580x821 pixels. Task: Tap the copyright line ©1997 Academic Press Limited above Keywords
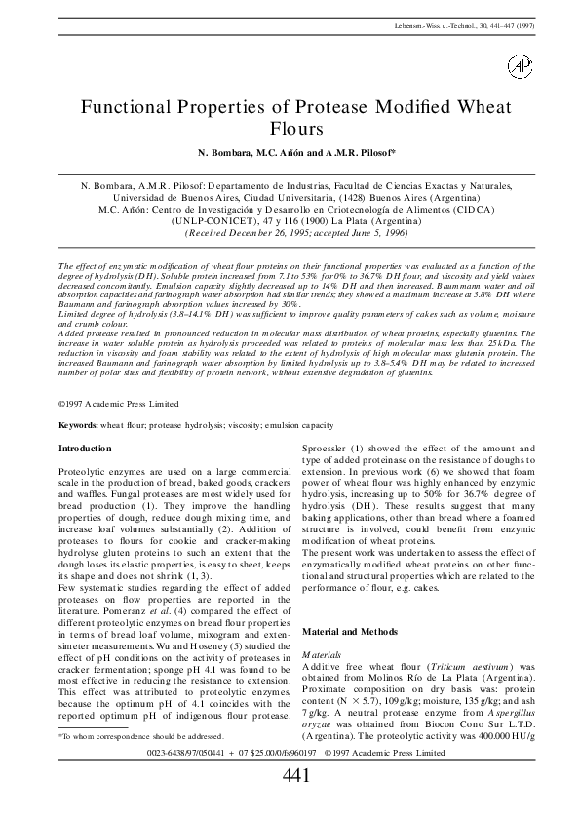click(118, 402)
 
